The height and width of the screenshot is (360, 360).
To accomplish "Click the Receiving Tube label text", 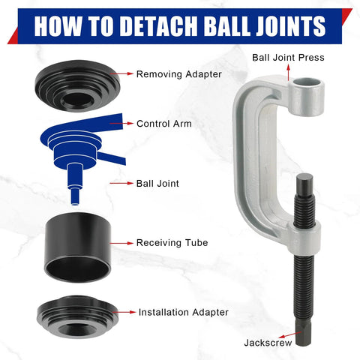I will [x=172, y=243].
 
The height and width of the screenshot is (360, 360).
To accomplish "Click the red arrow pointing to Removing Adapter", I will [x=124, y=74].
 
